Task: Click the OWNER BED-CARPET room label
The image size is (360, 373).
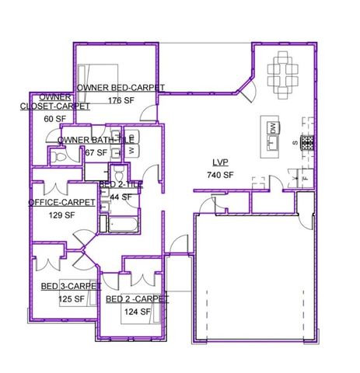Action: [x=120, y=88]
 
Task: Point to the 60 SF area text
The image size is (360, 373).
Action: [x=54, y=119]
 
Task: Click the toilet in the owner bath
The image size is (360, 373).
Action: [x=58, y=156]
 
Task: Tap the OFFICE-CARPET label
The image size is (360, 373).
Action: [x=62, y=202]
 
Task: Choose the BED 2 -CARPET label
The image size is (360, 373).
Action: [x=137, y=299]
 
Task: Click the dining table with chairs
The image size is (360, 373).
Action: [x=284, y=72]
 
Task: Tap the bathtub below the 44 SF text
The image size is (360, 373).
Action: [x=121, y=226]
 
